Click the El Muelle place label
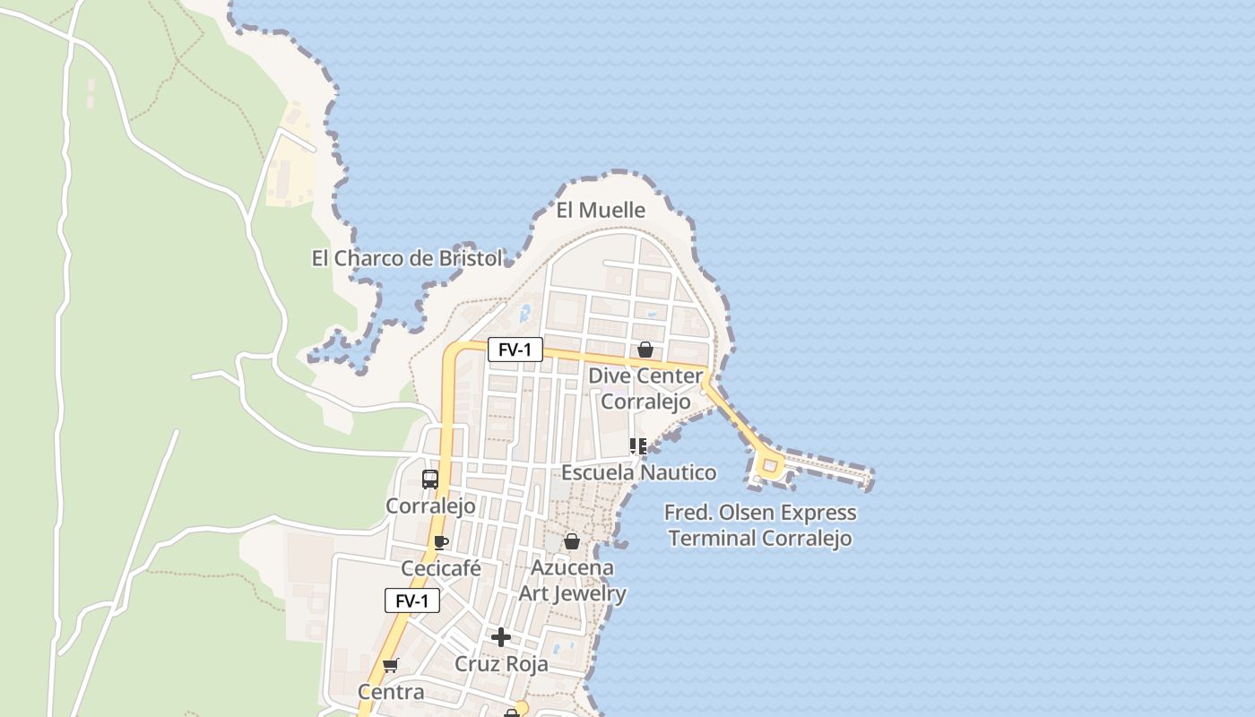pyautogui.click(x=601, y=211)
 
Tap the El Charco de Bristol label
pyautogui.click(x=407, y=259)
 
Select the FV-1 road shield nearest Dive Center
pyautogui.click(x=515, y=350)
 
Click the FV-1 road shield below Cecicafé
pyautogui.click(x=412, y=600)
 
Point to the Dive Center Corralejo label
pyautogui.click(x=645, y=388)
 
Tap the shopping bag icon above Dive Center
pyautogui.click(x=645, y=350)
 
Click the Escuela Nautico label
pyautogui.click(x=638, y=472)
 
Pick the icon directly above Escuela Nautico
pyautogui.click(x=638, y=445)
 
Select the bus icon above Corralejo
pyautogui.click(x=430, y=479)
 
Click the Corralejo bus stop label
pyautogui.click(x=430, y=506)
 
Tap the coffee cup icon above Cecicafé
pyautogui.click(x=440, y=541)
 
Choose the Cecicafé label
pyautogui.click(x=441, y=569)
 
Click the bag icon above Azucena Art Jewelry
pyautogui.click(x=572, y=541)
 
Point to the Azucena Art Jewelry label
pyautogui.click(x=572, y=581)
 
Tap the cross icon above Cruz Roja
pyautogui.click(x=501, y=637)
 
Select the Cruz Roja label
pyautogui.click(x=501, y=665)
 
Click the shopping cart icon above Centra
pyautogui.click(x=390, y=665)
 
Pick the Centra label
pyautogui.click(x=391, y=692)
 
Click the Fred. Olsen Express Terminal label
pyautogui.click(x=760, y=525)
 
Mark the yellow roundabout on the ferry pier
pyautogui.click(x=769, y=465)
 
